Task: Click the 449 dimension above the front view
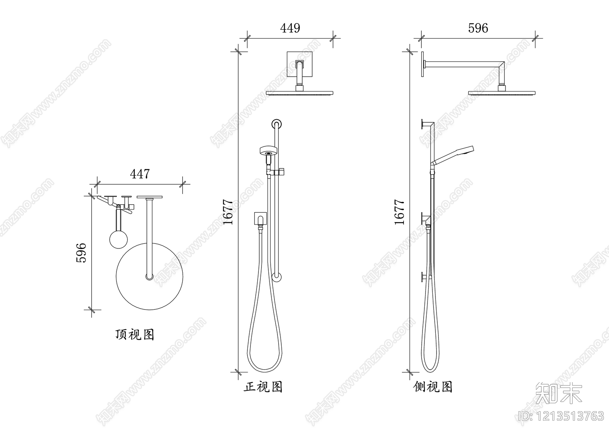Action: point(290,28)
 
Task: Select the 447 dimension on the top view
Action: point(140,174)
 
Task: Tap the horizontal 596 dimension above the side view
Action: point(478,28)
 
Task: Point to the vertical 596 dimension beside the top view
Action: point(81,252)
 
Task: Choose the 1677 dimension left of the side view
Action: point(399,212)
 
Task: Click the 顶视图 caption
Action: point(135,335)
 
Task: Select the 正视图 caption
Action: point(263,387)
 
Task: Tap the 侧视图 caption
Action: point(433,387)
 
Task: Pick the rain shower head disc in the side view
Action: point(502,93)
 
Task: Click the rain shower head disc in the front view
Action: point(300,93)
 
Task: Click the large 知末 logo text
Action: point(559,393)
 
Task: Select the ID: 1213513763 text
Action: point(561,415)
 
